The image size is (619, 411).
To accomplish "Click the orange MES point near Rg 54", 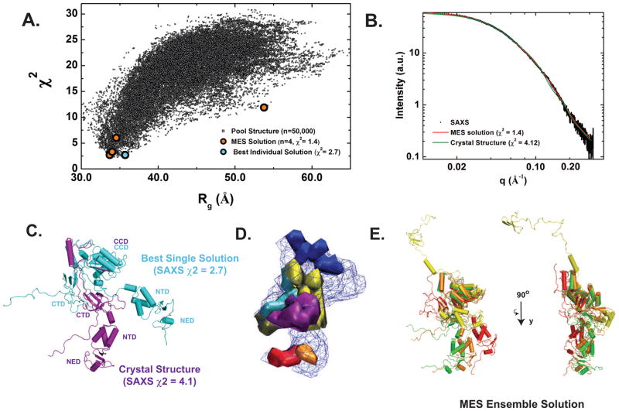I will click(x=264, y=108).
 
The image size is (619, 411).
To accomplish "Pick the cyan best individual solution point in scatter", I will click(x=125, y=155).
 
